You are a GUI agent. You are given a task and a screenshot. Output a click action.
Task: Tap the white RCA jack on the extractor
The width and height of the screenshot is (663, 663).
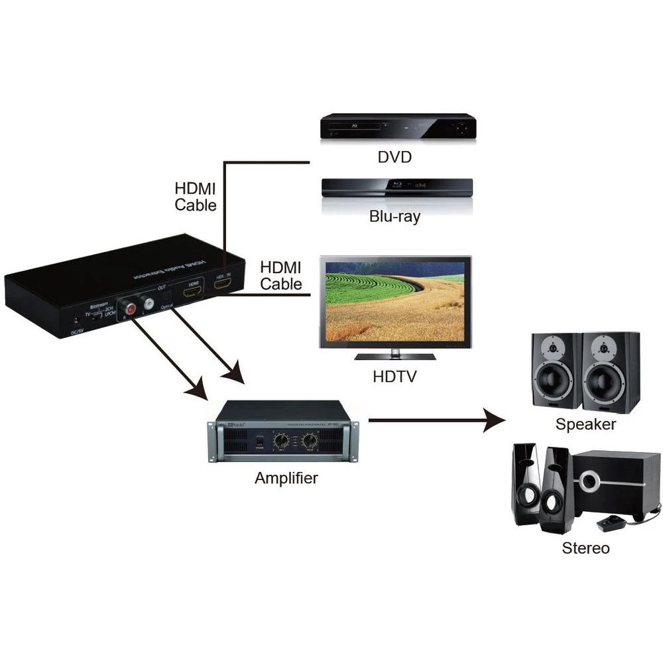click(x=148, y=304)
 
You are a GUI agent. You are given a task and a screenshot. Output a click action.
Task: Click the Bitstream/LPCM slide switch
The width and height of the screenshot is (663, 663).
click(x=98, y=316)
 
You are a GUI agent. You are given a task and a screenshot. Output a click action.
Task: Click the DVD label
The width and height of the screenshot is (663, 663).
click(x=394, y=157)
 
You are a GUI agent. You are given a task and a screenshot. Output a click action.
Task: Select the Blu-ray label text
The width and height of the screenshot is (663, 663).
click(x=394, y=217)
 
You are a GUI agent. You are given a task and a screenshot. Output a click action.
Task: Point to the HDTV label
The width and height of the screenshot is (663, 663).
click(x=394, y=377)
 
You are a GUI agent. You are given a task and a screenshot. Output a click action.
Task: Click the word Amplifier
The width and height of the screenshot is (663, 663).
click(x=286, y=478)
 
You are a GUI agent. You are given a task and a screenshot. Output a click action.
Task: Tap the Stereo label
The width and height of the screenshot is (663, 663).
click(x=585, y=548)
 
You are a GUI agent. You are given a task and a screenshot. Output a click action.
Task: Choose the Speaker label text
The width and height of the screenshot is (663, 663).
click(x=585, y=424)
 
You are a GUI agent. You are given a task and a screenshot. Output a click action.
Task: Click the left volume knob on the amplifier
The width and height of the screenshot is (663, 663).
click(x=281, y=440)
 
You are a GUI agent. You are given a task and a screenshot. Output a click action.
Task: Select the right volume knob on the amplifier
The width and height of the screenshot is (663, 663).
click(x=309, y=440)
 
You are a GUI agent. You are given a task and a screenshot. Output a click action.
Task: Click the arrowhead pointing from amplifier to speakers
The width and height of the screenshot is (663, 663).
click(x=494, y=420)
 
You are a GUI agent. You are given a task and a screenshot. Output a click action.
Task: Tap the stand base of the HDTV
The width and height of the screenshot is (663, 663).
click(x=394, y=356)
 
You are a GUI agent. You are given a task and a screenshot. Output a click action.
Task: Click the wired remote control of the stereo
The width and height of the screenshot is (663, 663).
click(x=611, y=522)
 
